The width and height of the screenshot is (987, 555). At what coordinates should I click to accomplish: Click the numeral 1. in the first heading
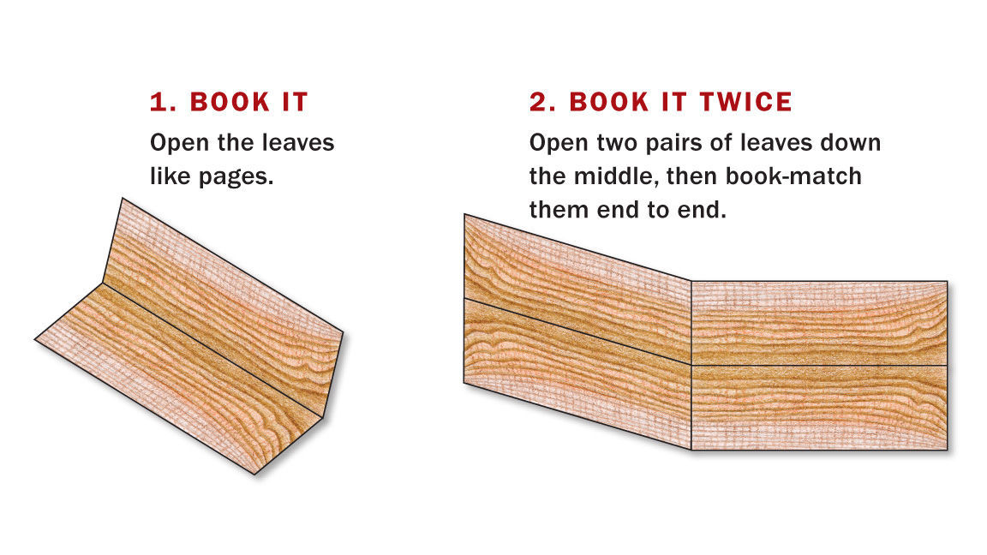(x=162, y=103)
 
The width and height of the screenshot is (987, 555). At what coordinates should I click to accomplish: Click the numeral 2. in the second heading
(x=542, y=103)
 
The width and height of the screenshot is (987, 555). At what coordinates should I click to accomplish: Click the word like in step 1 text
(x=170, y=176)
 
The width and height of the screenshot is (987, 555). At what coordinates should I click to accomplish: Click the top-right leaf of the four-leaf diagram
(x=818, y=323)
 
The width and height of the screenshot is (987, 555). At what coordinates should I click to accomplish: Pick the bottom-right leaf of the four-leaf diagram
(x=818, y=407)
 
